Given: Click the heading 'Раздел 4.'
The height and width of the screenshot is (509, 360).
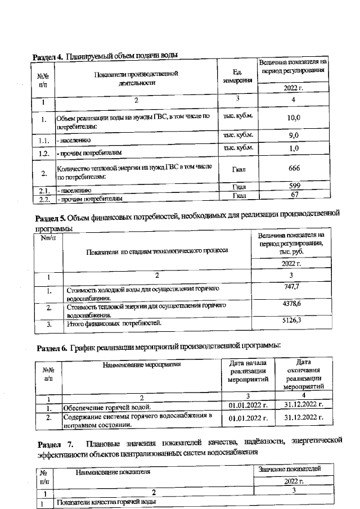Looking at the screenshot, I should tap(48, 56).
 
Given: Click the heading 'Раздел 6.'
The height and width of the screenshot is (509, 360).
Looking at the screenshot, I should tap(52, 347).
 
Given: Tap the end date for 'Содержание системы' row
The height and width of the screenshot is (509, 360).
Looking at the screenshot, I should tap(304, 418).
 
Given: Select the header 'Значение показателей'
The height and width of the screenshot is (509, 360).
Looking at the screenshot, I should tap(289, 469).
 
